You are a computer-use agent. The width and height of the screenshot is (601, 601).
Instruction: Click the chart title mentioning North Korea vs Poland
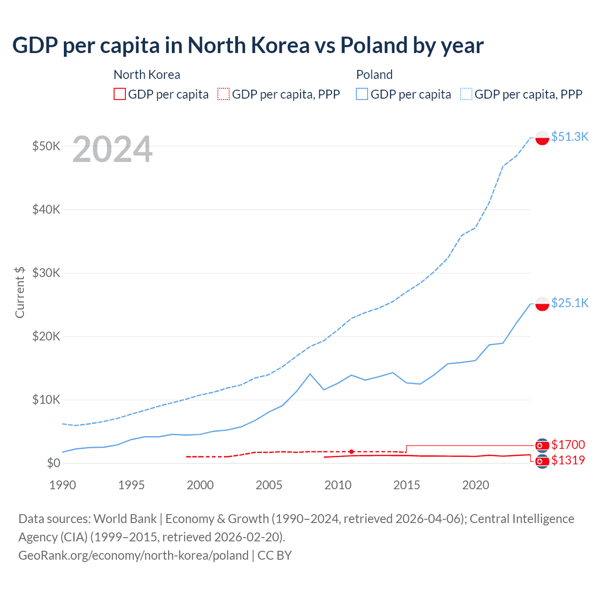click(x=247, y=46)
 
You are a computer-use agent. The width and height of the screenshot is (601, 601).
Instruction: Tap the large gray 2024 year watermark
click(x=112, y=149)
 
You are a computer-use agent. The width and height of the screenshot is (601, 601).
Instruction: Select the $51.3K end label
click(x=570, y=137)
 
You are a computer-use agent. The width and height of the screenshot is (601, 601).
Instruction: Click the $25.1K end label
click(x=570, y=303)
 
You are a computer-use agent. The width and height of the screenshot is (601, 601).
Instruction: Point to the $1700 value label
click(x=568, y=445)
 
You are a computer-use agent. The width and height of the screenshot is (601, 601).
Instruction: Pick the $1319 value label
click(x=568, y=460)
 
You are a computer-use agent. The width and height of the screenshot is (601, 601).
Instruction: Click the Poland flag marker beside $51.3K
click(x=542, y=138)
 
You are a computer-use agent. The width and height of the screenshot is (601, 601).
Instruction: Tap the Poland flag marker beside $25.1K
click(x=542, y=304)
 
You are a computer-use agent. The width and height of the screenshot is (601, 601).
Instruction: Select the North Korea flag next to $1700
click(x=542, y=445)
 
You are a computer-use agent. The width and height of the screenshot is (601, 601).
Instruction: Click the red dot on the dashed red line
click(x=351, y=452)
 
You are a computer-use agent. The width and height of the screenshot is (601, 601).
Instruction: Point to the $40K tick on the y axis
click(x=46, y=209)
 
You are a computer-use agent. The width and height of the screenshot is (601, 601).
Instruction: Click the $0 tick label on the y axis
click(x=54, y=463)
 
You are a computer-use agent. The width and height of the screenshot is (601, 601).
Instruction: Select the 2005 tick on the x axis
click(x=269, y=485)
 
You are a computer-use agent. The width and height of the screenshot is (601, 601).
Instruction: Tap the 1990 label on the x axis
click(x=62, y=485)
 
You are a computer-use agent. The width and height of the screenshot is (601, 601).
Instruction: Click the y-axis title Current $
click(x=20, y=292)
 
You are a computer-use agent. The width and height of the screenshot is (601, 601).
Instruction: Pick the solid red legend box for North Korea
click(x=120, y=94)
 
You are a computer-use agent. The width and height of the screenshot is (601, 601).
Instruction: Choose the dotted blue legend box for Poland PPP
click(x=466, y=94)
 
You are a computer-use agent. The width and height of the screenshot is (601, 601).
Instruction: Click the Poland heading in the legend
click(x=374, y=75)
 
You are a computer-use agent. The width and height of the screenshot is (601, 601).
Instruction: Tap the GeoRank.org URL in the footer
click(x=133, y=555)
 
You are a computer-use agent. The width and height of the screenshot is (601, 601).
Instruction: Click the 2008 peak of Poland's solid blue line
click(x=310, y=374)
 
